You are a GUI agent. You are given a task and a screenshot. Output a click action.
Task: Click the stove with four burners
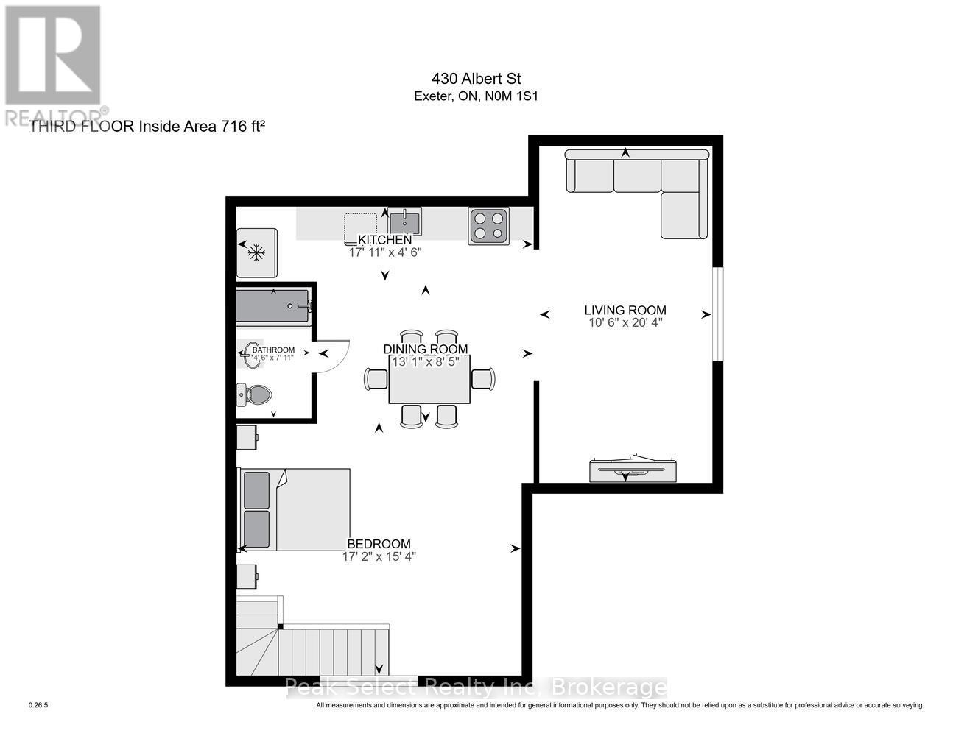(x=488, y=226)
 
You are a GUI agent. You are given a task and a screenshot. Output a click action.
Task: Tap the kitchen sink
(x=404, y=222)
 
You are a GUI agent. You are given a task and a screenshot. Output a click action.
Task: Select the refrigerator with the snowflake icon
(x=256, y=252)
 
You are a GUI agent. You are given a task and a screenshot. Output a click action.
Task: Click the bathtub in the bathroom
(x=273, y=305)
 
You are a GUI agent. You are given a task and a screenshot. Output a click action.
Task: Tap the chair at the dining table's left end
(x=376, y=378)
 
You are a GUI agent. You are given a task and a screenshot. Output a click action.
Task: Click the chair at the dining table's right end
(x=483, y=378)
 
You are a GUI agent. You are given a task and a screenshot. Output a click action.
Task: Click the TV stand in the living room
(x=633, y=470)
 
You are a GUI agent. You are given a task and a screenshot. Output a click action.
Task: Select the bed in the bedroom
(x=294, y=509)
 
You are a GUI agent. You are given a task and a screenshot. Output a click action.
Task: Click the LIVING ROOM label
(x=625, y=311)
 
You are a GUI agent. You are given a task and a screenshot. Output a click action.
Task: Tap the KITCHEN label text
(x=384, y=240)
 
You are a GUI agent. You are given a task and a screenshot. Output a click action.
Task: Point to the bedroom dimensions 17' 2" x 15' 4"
(x=379, y=556)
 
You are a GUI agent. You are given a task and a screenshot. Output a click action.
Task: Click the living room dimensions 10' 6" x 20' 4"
(x=625, y=322)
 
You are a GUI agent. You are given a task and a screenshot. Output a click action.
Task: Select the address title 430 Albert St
(x=476, y=79)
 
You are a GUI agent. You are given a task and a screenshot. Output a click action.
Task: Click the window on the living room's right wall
(x=718, y=314)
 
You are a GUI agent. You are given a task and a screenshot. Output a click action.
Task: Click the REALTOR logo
(x=53, y=65)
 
